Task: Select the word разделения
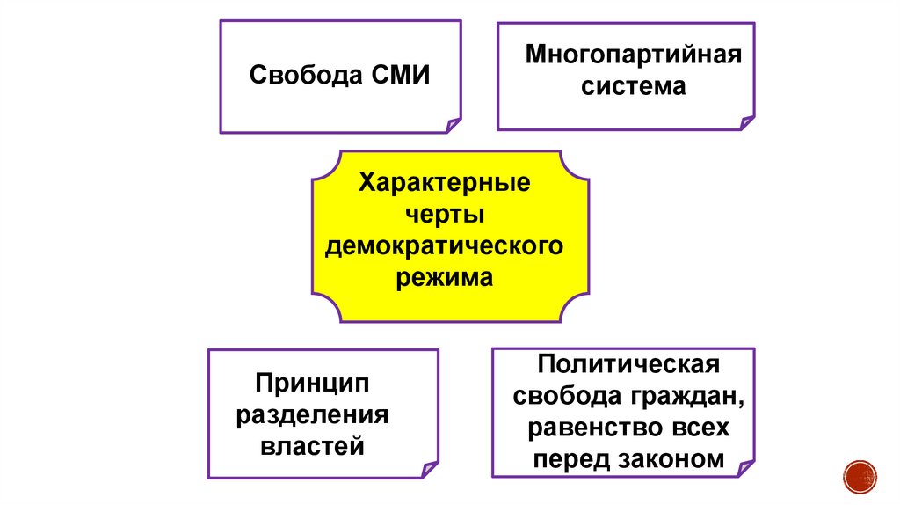pos(313,415)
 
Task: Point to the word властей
pos(313,446)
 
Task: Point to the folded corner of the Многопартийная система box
pos(746,121)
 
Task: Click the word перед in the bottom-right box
pos(572,459)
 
